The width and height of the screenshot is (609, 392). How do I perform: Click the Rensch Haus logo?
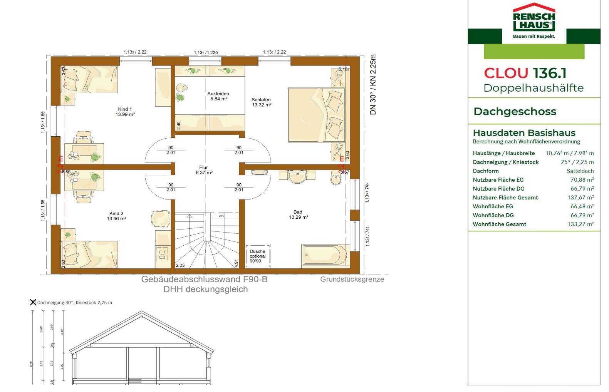coord(534,21)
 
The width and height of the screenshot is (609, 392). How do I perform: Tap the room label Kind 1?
coord(125,112)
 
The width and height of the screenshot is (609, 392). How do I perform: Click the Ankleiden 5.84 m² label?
coord(218,96)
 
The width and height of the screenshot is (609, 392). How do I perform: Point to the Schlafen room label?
coord(261,102)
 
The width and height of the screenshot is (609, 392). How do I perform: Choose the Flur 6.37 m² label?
coord(204,170)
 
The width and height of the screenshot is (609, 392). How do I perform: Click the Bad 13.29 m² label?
coord(298,214)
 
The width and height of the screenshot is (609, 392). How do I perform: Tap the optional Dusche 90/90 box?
coord(258,256)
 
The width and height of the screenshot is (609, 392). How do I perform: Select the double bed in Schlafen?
coord(316,115)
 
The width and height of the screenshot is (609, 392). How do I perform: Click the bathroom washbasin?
coord(297,177)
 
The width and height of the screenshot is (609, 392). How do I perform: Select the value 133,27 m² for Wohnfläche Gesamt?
coord(580,224)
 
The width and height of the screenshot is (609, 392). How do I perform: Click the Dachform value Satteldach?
coord(580,171)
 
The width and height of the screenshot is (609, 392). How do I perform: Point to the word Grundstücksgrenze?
coord(352,279)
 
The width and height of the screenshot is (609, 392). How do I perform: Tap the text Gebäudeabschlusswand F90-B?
coord(204,280)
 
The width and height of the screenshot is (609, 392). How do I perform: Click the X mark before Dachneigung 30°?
coord(33,302)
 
